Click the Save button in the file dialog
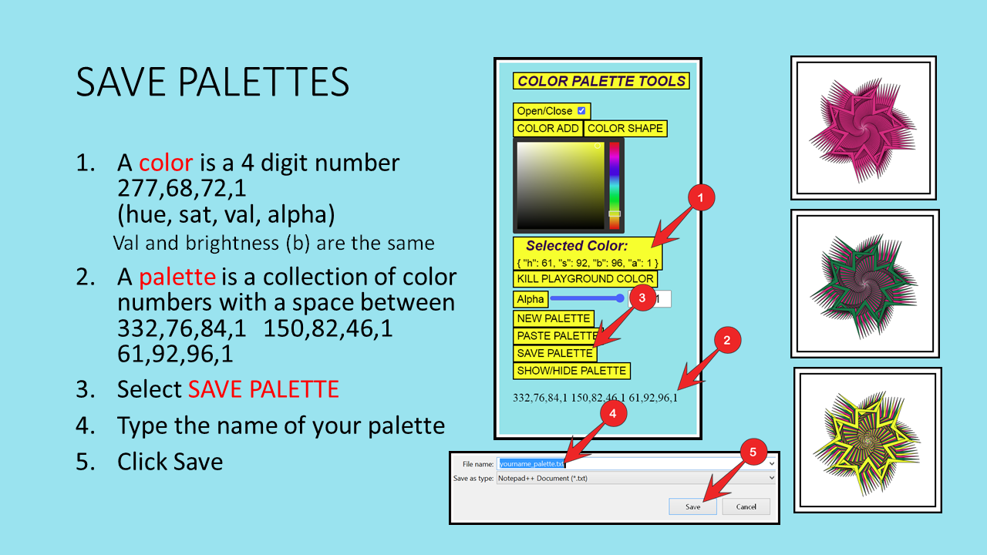tap(692, 506)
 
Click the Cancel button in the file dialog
tap(746, 506)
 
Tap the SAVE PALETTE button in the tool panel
tap(554, 353)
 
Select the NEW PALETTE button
tap(554, 318)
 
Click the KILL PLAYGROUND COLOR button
tap(585, 279)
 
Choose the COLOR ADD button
tap(547, 128)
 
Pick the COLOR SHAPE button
tap(625, 128)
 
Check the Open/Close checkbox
tap(581, 110)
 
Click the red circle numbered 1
tap(701, 197)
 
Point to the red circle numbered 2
tap(727, 340)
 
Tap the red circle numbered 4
tap(612, 413)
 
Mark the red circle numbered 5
tap(753, 452)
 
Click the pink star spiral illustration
tap(863, 129)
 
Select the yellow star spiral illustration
tap(866, 442)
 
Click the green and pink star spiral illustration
tap(864, 285)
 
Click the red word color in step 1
tap(166, 163)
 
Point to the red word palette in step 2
tap(177, 277)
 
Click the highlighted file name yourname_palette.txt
tap(531, 464)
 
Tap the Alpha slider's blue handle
tap(620, 298)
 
